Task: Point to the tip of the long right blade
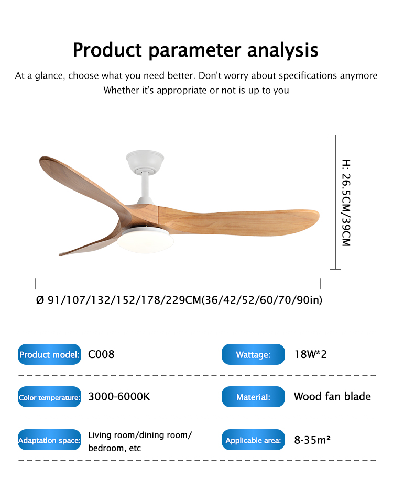coord(319,216)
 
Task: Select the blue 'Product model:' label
coord(49,354)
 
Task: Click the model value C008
coord(101,354)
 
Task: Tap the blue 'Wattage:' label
coord(253,354)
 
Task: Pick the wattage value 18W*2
coord(310,354)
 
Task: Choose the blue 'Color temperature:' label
coord(49,397)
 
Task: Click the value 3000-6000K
coord(119,396)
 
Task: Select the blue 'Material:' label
coord(253,397)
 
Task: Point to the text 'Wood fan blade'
coord(332,396)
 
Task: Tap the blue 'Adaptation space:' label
coord(49,440)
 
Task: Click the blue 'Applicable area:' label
coord(253,440)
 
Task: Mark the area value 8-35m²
coord(312,440)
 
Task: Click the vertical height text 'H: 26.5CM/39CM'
coord(346,203)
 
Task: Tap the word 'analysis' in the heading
coord(283,50)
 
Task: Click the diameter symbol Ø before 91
coord(40,300)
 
